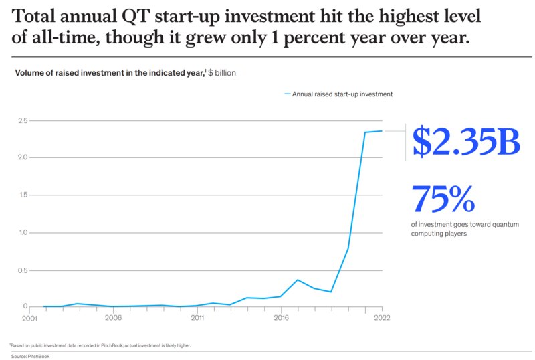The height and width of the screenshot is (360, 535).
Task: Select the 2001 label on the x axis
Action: click(29, 319)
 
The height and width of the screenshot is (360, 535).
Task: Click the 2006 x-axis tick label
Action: click(113, 319)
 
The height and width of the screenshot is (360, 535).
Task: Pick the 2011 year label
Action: click(197, 319)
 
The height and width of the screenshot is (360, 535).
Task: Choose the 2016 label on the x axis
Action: click(281, 319)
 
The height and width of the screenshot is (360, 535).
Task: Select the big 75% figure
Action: click(443, 199)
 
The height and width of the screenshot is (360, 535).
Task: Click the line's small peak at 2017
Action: click(298, 280)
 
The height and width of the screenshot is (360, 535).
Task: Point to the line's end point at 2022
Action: click(382, 131)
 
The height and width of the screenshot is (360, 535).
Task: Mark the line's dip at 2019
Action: click(331, 292)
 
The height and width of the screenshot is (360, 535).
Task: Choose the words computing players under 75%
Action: click(439, 235)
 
